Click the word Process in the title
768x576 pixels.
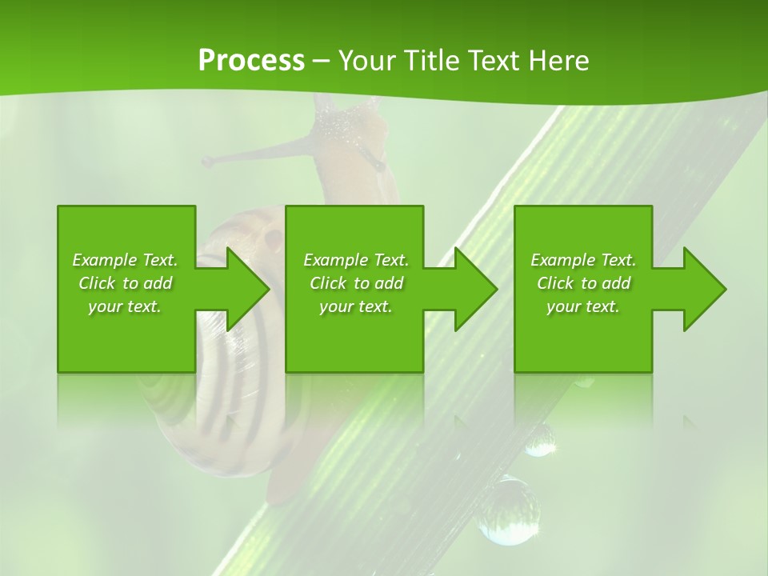(251, 61)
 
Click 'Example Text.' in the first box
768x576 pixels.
(125, 260)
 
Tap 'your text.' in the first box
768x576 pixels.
(125, 306)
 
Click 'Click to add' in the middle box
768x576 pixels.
(356, 283)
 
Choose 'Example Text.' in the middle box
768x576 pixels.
(356, 260)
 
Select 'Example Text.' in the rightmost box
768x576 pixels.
(583, 260)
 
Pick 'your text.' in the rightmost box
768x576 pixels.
(583, 306)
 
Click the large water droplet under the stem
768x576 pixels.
(507, 510)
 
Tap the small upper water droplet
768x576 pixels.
(540, 439)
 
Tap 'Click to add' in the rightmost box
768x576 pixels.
(583, 283)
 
